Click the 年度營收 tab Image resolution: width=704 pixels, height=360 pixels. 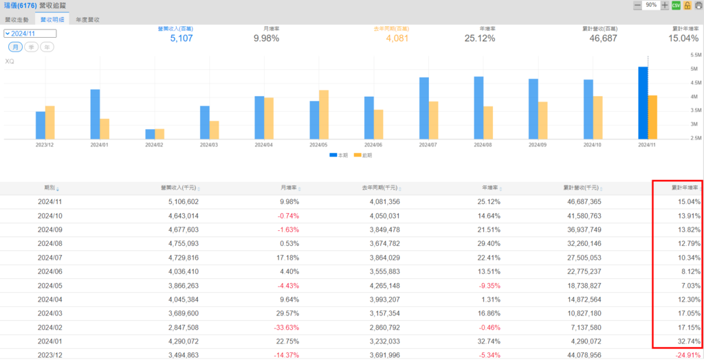pos(87,20)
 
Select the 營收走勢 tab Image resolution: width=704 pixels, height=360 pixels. pos(16,20)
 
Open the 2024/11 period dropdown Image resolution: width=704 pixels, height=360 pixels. pos(30,33)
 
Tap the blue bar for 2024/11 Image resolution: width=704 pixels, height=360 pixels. pos(643,102)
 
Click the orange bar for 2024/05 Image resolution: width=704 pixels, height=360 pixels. pos(324,114)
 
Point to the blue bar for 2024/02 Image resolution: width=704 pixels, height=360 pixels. pos(150,133)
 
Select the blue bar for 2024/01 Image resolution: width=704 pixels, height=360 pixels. pos(95,113)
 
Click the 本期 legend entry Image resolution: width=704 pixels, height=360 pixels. pos(338,155)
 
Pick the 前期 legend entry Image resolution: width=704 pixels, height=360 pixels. pos(362,155)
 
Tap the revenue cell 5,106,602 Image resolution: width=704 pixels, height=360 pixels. pos(179,202)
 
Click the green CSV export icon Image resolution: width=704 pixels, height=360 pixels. pos(676,5)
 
